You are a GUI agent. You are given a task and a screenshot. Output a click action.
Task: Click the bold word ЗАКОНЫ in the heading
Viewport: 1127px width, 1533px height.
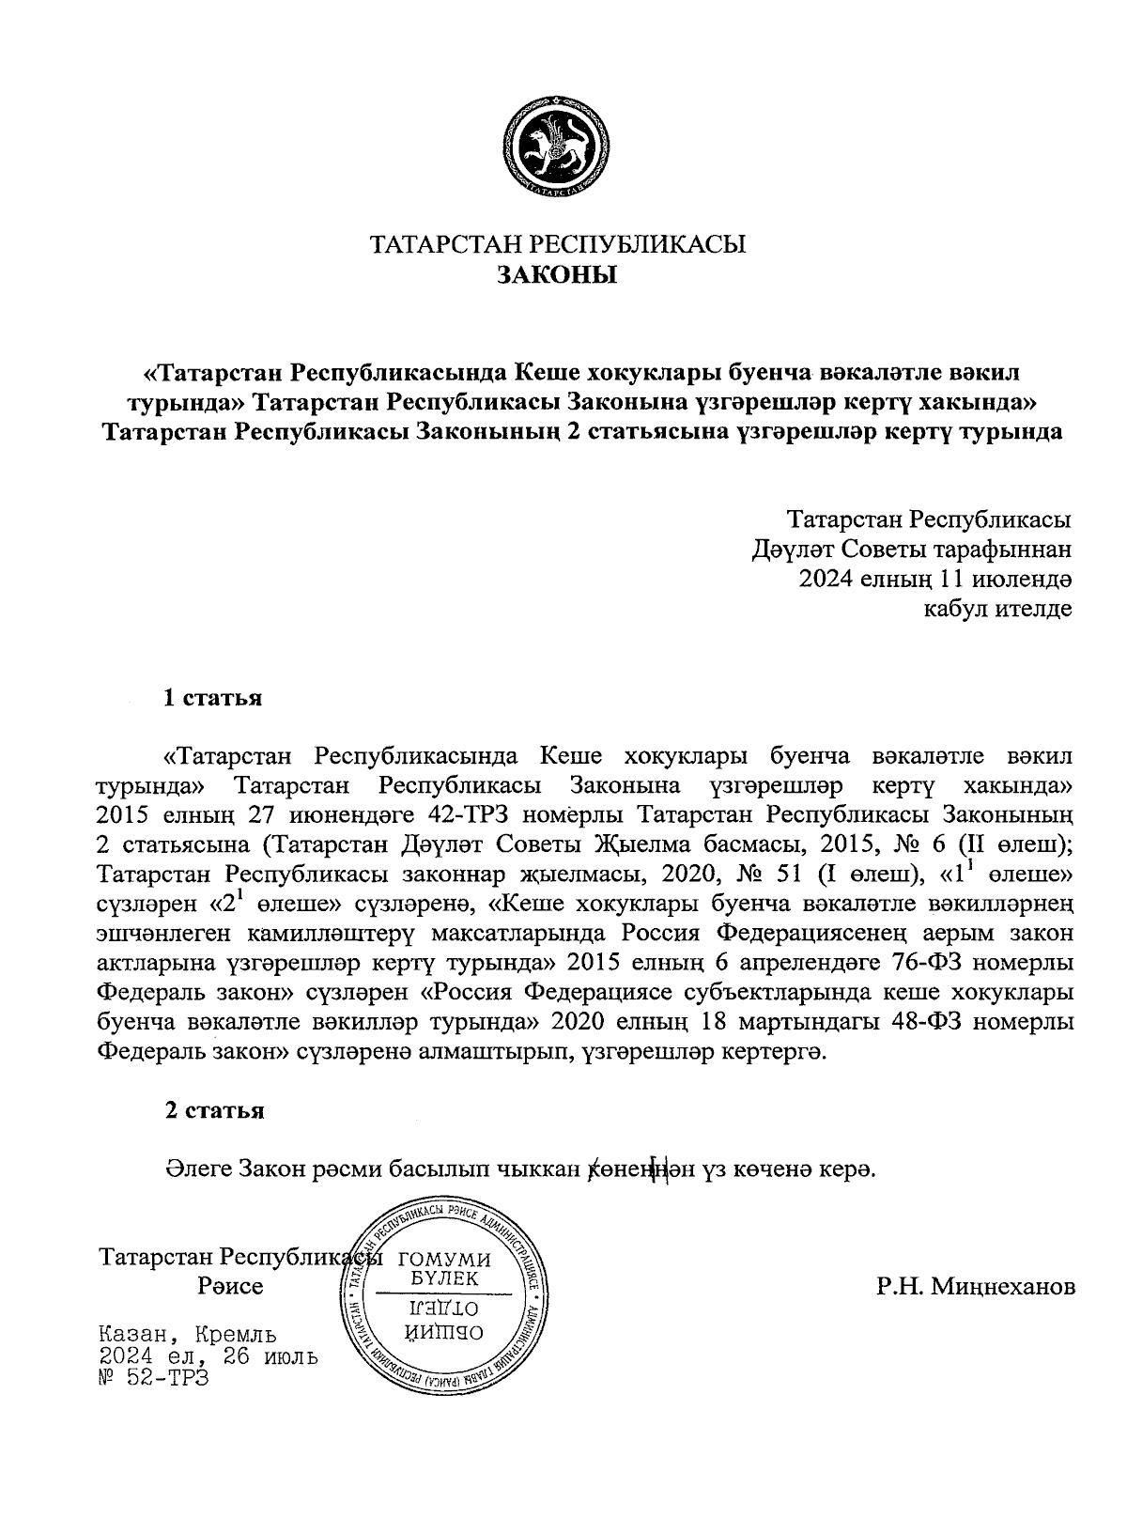tap(558, 276)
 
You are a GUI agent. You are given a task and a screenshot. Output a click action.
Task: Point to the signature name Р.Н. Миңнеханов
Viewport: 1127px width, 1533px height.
tap(976, 1286)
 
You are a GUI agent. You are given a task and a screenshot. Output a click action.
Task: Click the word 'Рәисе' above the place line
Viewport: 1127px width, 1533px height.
tap(231, 1286)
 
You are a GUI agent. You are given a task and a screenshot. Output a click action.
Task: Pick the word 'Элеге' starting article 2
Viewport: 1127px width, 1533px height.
tap(198, 1169)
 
